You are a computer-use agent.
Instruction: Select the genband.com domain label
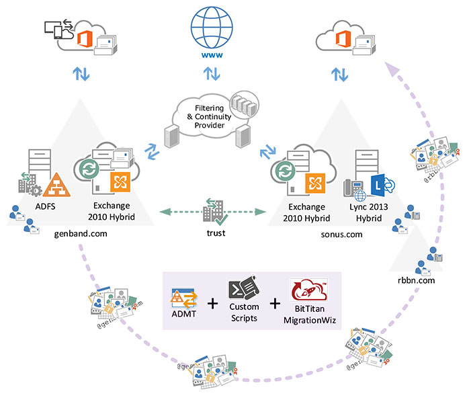[81, 233]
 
